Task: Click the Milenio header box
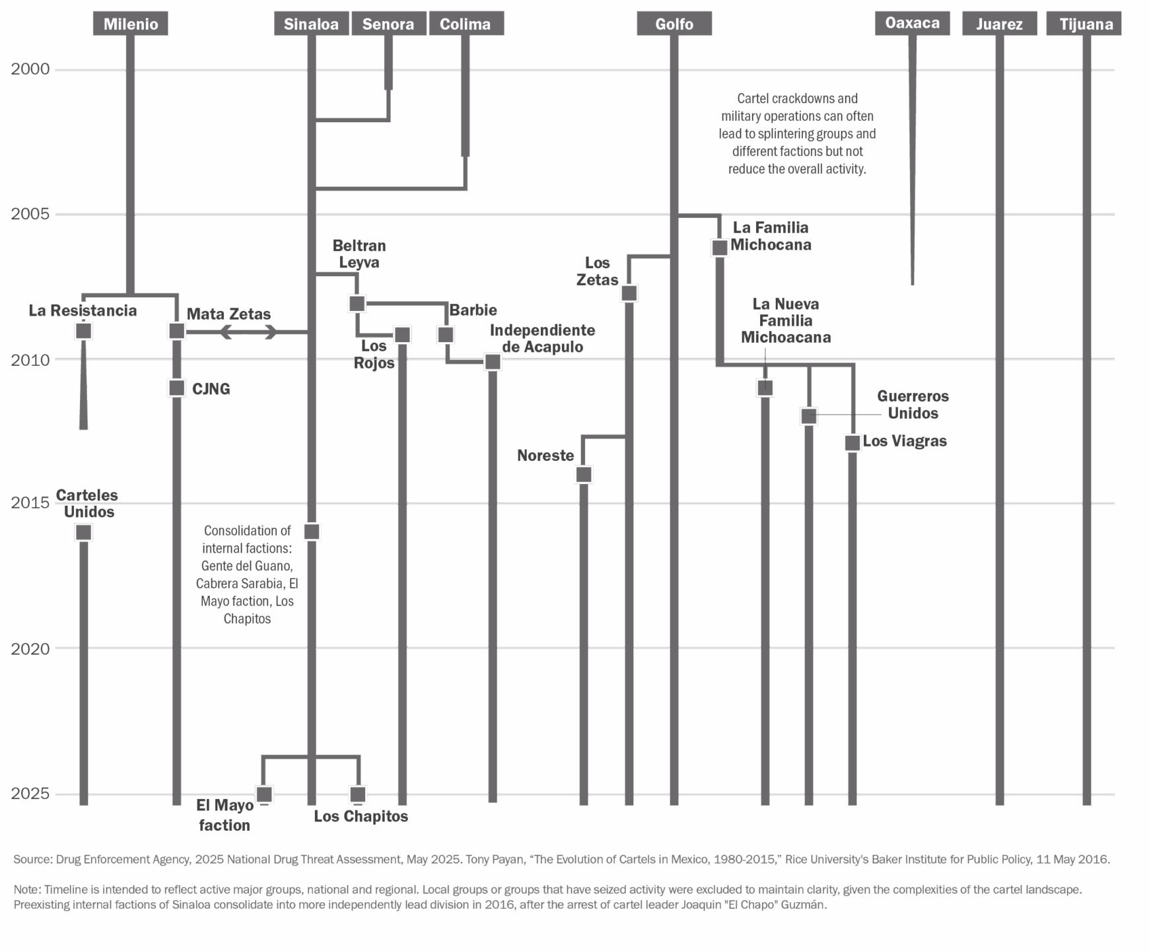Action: [x=131, y=24]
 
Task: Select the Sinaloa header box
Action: [x=311, y=24]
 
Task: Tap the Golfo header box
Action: [x=674, y=24]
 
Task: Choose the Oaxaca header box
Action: [x=912, y=23]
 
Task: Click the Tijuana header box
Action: [x=1086, y=24]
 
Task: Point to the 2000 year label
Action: [x=30, y=69]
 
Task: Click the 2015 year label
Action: [x=30, y=503]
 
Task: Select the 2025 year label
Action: [x=30, y=793]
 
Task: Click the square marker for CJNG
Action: [x=176, y=388]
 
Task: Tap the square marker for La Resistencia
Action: [x=83, y=331]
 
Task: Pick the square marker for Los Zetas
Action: [x=629, y=293]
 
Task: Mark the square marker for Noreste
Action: [x=584, y=474]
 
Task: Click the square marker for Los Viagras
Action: [x=853, y=443]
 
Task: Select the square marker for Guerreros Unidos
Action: [x=809, y=416]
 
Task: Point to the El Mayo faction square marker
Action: [x=264, y=794]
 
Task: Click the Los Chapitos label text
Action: [x=361, y=816]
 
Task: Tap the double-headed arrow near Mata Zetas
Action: [x=248, y=332]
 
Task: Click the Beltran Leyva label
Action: [x=359, y=254]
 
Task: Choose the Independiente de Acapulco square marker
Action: [x=493, y=362]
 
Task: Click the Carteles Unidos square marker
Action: [x=83, y=532]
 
